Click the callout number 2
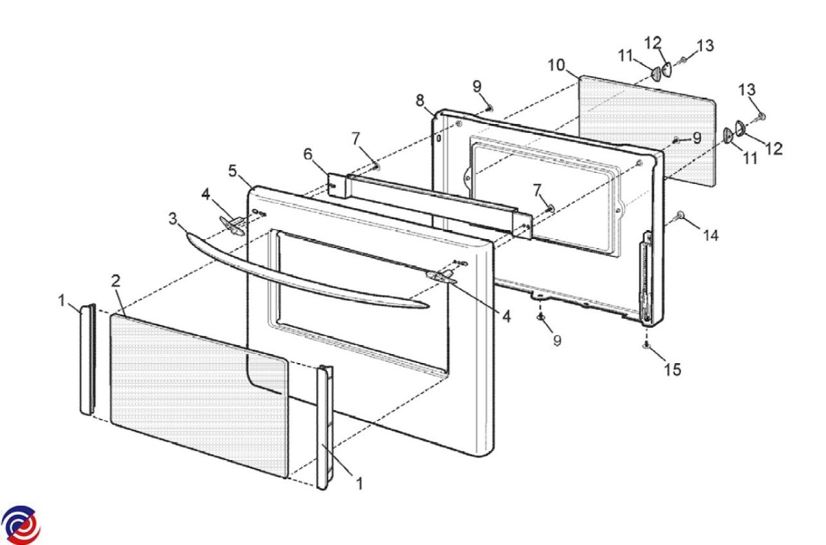(x=116, y=280)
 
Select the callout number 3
(x=173, y=220)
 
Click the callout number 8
(x=420, y=100)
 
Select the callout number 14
(x=710, y=236)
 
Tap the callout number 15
(x=672, y=369)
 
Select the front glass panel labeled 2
(x=200, y=393)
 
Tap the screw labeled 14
(x=680, y=216)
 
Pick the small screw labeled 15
(x=646, y=345)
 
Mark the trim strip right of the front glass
(x=324, y=427)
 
